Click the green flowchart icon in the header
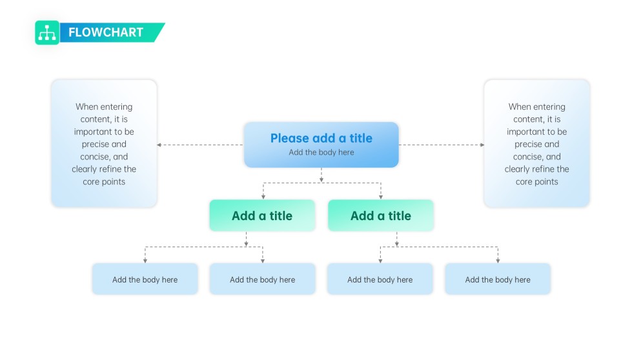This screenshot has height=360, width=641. tap(47, 32)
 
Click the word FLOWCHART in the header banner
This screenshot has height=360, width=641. tap(106, 32)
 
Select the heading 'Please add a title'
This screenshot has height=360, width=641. tap(321, 138)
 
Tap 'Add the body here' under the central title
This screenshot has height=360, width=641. tap(321, 152)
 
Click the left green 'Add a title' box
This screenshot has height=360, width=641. tap(262, 215)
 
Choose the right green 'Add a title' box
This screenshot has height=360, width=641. tap(381, 215)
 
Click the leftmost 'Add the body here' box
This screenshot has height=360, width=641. tap(145, 279)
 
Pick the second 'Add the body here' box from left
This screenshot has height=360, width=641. tap(262, 279)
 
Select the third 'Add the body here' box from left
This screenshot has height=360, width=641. tap(380, 279)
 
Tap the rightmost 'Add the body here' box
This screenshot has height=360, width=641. tap(498, 279)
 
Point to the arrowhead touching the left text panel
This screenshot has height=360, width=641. tap(159, 145)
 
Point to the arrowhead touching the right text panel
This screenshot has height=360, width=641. tap(482, 145)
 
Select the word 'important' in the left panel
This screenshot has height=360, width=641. tap(94, 132)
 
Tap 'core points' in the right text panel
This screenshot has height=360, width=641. tap(536, 182)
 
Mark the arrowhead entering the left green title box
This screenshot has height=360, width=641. tap(263, 196)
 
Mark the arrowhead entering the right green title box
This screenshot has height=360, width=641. tap(381, 196)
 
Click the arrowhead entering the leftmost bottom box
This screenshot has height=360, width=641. tap(145, 260)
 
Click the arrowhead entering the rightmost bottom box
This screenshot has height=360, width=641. tap(498, 260)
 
